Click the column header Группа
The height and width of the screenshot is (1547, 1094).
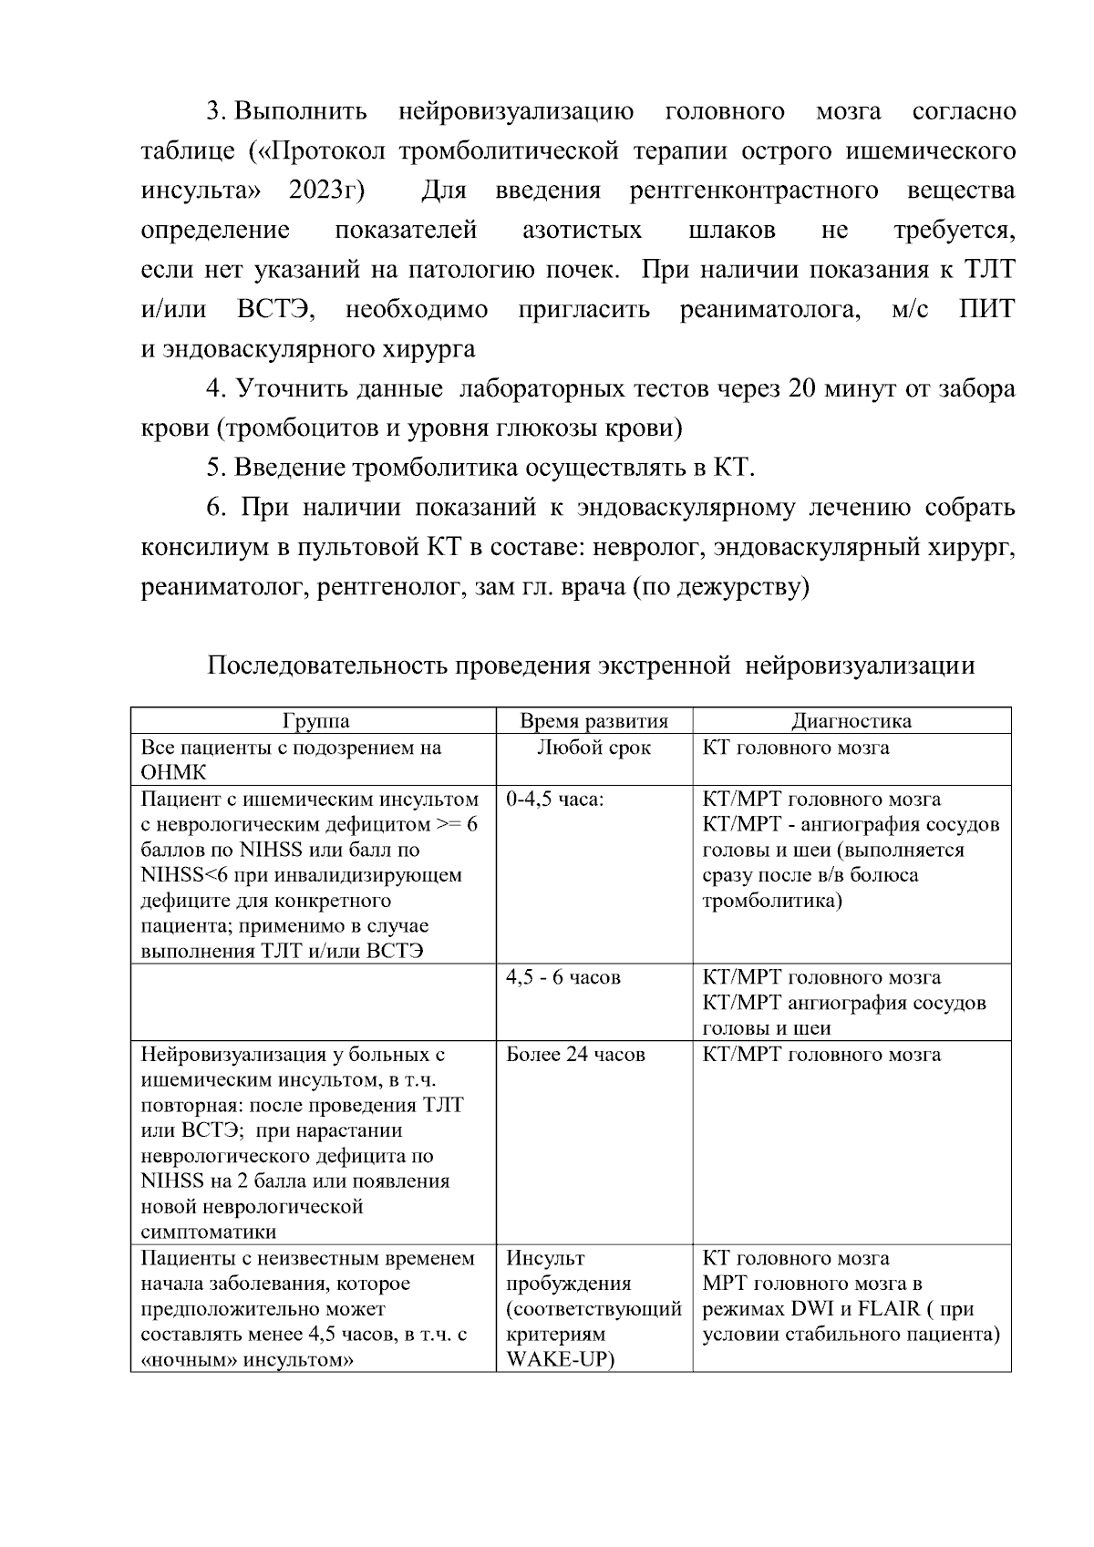(x=315, y=721)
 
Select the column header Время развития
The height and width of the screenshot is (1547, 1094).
(x=593, y=721)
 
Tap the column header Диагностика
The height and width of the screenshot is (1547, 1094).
(x=851, y=721)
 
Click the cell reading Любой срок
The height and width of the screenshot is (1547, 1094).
(x=593, y=748)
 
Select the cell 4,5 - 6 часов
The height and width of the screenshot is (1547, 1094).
(x=562, y=977)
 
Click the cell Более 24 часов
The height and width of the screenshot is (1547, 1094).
(x=575, y=1055)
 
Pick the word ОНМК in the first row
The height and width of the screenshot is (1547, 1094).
(x=173, y=772)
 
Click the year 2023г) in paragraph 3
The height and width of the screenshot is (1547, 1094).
(x=326, y=191)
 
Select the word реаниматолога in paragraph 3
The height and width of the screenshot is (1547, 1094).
(x=770, y=309)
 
